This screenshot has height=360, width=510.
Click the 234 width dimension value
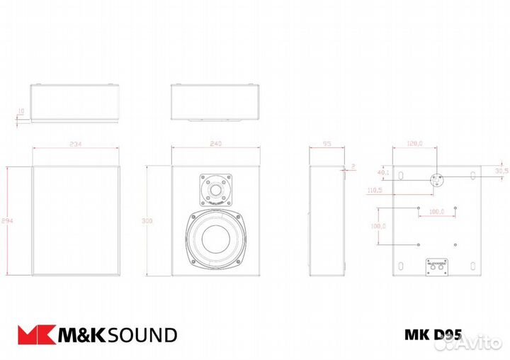click(76, 144)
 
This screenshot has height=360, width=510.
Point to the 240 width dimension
click(216, 144)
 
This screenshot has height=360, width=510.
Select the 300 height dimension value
click(147, 222)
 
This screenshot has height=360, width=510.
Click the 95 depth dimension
click(327, 144)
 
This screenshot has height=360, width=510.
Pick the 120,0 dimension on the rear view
click(414, 144)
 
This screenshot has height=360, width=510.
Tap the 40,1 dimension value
click(383, 172)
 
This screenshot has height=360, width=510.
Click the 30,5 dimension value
click(501, 171)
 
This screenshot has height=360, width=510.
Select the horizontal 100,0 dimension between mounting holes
click(436, 211)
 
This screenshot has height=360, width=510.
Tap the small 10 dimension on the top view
click(20, 111)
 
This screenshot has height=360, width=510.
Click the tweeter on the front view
click(215, 189)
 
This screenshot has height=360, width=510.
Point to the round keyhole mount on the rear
click(436, 179)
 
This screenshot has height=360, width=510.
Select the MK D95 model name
click(433, 334)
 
